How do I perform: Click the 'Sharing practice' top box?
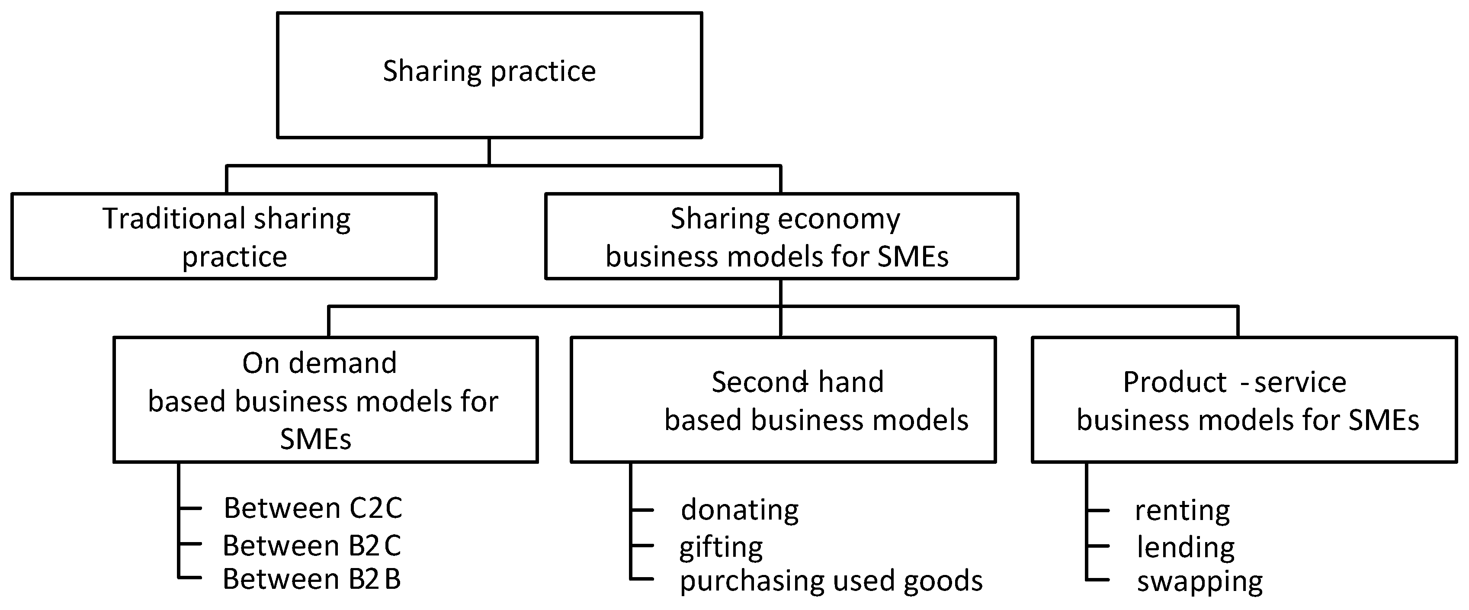[489, 75]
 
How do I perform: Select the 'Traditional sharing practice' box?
[224, 236]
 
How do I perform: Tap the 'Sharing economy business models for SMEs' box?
[781, 236]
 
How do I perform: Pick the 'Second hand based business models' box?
[783, 400]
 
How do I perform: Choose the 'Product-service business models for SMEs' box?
[1244, 400]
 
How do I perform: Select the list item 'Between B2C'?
[311, 546]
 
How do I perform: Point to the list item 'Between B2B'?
[311, 579]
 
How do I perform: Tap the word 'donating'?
[740, 510]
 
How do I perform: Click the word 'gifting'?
[721, 547]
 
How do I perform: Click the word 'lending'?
[1186, 547]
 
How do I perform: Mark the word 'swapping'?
[1199, 581]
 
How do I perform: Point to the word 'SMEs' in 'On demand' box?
[315, 439]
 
